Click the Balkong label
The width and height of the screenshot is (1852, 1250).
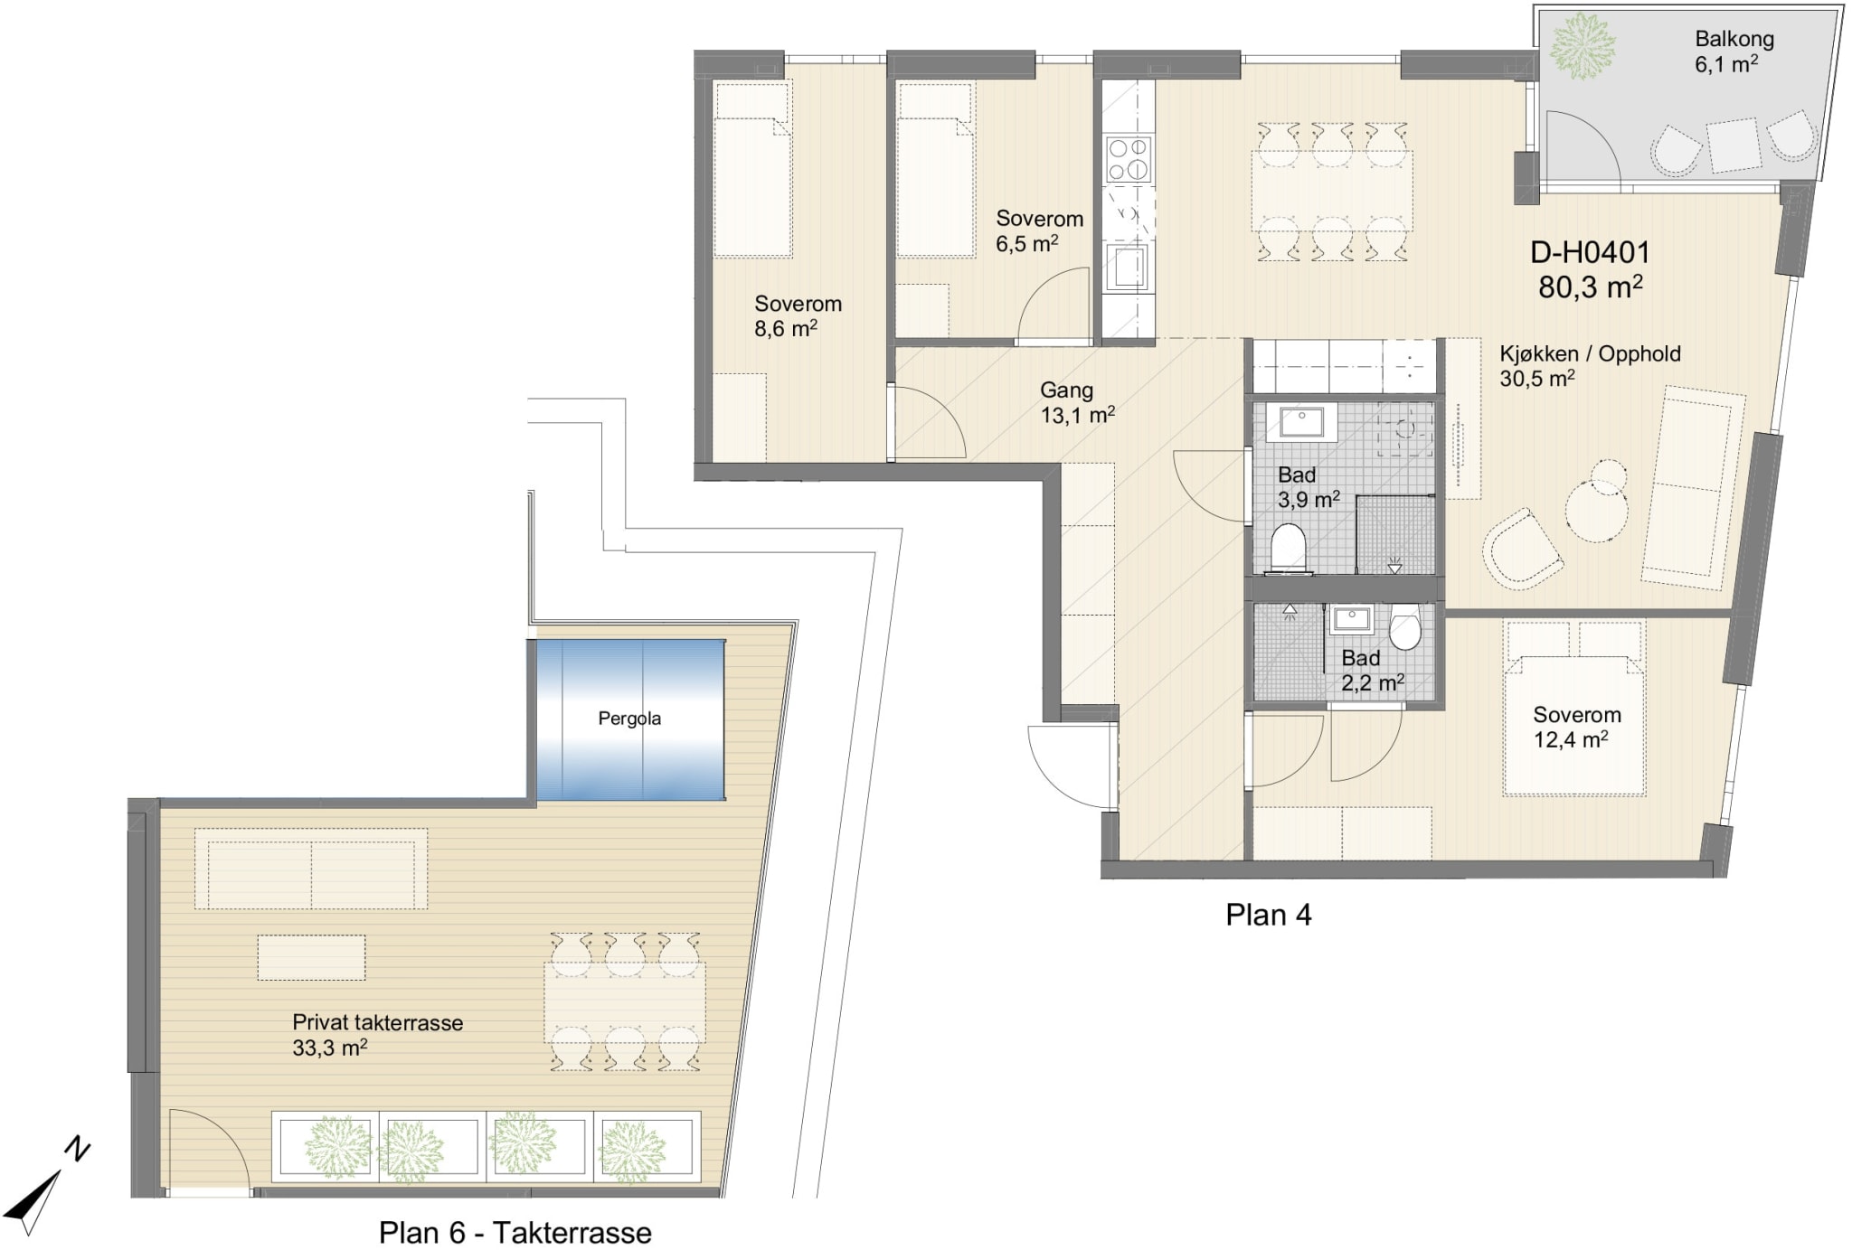pyautogui.click(x=1734, y=39)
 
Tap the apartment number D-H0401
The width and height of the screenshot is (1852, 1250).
pyautogui.click(x=1590, y=252)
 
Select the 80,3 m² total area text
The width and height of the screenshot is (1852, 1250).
pyautogui.click(x=1590, y=287)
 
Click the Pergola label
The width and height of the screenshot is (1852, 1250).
pyautogui.click(x=629, y=719)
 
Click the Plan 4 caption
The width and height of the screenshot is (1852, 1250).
pyautogui.click(x=1268, y=915)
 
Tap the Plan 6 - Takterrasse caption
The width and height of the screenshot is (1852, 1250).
pyautogui.click(x=515, y=1233)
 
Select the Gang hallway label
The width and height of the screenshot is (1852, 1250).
pyautogui.click(x=1066, y=390)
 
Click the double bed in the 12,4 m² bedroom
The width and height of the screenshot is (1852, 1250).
pyautogui.click(x=1573, y=708)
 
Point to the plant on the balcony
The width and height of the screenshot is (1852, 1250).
pyautogui.click(x=1583, y=45)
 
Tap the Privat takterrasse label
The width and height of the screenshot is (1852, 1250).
pyautogui.click(x=377, y=1022)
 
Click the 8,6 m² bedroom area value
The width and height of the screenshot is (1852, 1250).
pyautogui.click(x=786, y=329)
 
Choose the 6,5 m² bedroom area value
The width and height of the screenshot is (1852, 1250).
pyautogui.click(x=1027, y=244)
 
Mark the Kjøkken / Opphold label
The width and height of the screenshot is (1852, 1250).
pyautogui.click(x=1591, y=353)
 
